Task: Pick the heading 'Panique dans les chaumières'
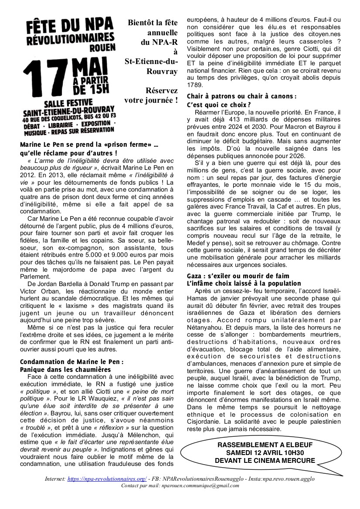(65, 369)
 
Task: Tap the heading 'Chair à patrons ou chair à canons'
(241, 96)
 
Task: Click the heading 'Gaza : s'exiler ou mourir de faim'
(238, 276)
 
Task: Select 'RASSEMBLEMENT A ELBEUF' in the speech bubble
(265, 445)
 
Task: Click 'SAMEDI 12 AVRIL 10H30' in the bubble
(265, 453)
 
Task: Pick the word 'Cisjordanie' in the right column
(205, 421)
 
